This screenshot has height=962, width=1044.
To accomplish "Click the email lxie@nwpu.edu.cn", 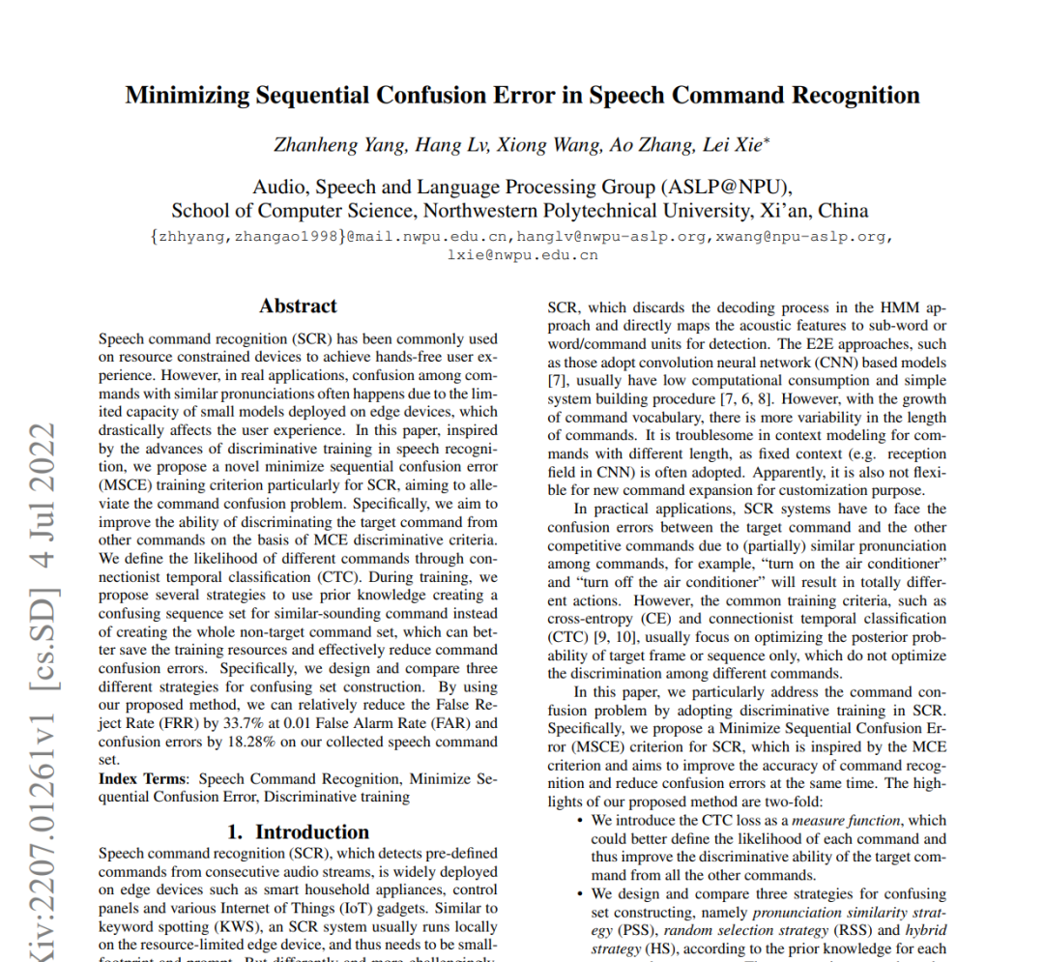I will pos(522,255).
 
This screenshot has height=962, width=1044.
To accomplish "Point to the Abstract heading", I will pos(298,306).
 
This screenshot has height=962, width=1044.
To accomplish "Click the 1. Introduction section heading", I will pos(298,832).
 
